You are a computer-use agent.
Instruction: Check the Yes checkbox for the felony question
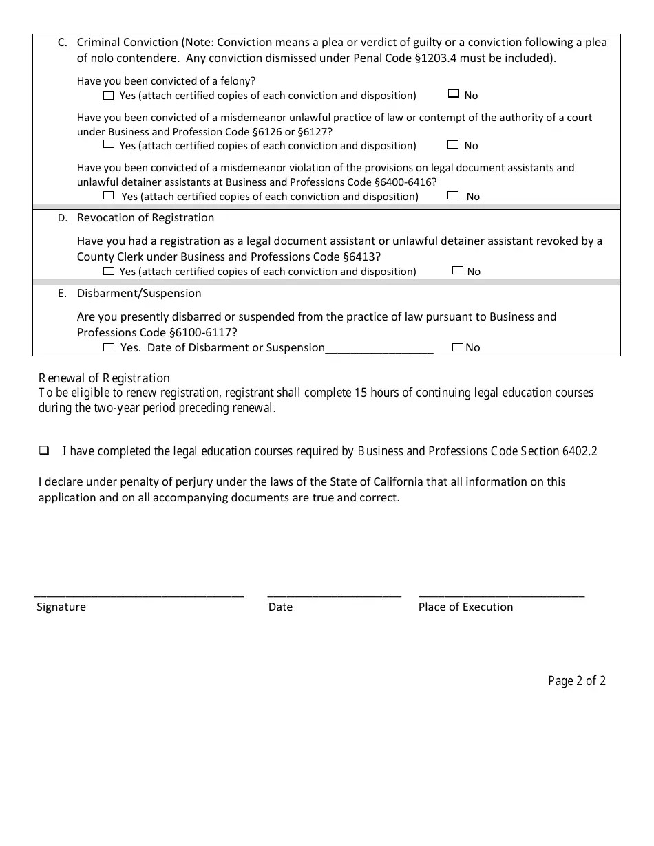point(108,95)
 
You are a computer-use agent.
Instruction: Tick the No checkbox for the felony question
point(453,94)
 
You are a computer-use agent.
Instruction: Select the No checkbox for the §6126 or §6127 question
point(453,144)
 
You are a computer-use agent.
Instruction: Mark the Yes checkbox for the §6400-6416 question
point(108,195)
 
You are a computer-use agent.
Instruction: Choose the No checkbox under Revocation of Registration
point(458,270)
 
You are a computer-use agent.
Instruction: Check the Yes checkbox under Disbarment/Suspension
point(109,347)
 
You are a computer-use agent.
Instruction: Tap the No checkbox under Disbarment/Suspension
point(458,347)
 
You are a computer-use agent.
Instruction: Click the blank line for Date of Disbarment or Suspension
point(379,349)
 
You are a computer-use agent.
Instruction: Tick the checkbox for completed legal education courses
point(44,451)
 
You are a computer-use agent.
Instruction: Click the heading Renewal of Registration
point(104,378)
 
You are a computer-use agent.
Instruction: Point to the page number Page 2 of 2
point(577,681)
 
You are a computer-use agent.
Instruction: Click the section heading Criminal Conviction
point(127,42)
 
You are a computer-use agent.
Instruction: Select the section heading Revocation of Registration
point(145,217)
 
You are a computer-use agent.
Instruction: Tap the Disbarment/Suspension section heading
point(139,293)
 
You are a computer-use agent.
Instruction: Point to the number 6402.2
point(580,451)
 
